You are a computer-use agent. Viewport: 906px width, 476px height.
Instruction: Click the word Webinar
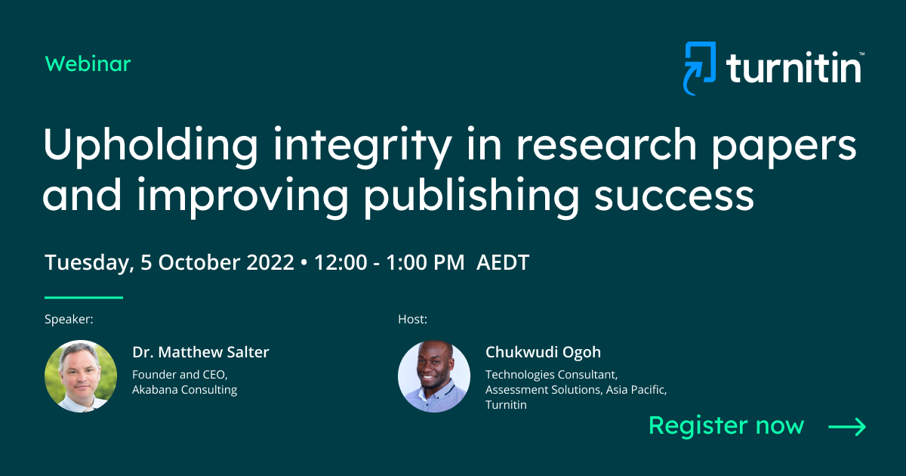pyautogui.click(x=88, y=64)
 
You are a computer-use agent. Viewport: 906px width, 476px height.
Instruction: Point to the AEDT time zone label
pyautogui.click(x=503, y=263)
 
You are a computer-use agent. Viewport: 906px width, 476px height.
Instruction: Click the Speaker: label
pyautogui.click(x=69, y=320)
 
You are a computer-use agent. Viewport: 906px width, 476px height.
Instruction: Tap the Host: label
pyautogui.click(x=413, y=320)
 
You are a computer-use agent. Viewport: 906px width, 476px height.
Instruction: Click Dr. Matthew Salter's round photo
pyautogui.click(x=81, y=376)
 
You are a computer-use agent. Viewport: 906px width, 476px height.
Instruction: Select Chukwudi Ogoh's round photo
pyautogui.click(x=434, y=376)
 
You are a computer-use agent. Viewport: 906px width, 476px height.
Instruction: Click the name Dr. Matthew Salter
pyautogui.click(x=201, y=352)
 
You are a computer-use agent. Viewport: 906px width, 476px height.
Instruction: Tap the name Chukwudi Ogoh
pyautogui.click(x=544, y=352)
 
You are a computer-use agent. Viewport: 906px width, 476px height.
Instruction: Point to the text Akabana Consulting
pyautogui.click(x=185, y=390)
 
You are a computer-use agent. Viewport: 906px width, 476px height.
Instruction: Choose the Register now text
pyautogui.click(x=726, y=425)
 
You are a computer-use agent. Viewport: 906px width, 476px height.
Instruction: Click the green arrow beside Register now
pyautogui.click(x=847, y=427)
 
